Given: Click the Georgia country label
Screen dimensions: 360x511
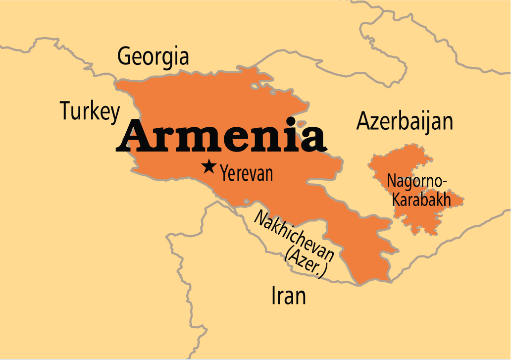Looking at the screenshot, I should [x=153, y=56].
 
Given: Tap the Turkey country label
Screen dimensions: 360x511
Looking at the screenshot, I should [x=90, y=111].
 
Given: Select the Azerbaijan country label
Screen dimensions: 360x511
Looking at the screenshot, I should [x=405, y=121].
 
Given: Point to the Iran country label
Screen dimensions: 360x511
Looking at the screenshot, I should [x=289, y=296].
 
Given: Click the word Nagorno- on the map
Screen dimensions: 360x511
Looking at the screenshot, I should [x=417, y=181].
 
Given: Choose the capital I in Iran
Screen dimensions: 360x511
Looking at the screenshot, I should [x=274, y=296].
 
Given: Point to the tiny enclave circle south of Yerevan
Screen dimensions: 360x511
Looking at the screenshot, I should [x=246, y=201].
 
